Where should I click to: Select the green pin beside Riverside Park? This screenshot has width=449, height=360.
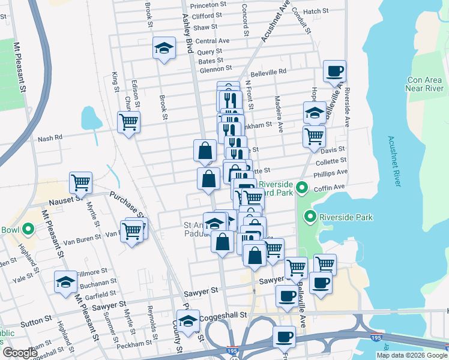pos(310,216)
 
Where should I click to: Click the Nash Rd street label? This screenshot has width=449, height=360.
pos(50,138)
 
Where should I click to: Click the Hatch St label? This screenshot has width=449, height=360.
pos(316,11)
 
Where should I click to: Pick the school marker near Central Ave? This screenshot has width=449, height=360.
pos(163,49)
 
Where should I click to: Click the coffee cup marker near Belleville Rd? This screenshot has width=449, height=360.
pos(334,71)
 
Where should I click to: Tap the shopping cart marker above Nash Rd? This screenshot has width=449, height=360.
pos(129,122)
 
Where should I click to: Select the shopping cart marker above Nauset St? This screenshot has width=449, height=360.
pos(80,181)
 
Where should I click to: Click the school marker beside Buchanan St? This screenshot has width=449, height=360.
pos(65,282)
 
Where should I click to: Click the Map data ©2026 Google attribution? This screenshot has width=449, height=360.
pos(412,355)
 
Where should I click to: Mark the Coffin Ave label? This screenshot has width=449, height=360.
pos(331,187)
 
